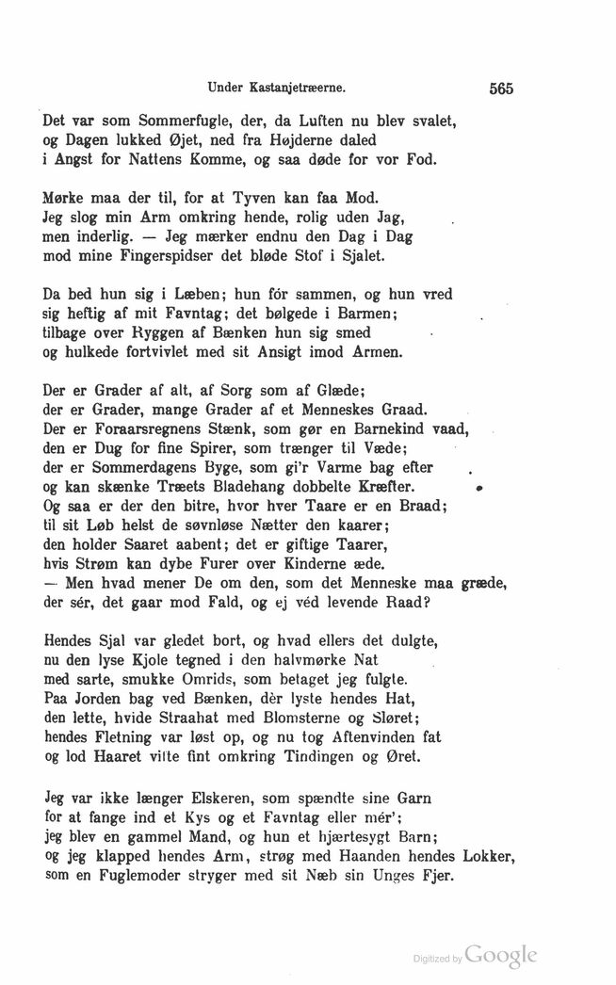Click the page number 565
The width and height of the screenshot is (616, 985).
click(500, 90)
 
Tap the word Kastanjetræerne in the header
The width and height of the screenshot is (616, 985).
click(298, 90)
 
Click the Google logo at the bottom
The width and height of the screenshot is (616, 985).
click(502, 956)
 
